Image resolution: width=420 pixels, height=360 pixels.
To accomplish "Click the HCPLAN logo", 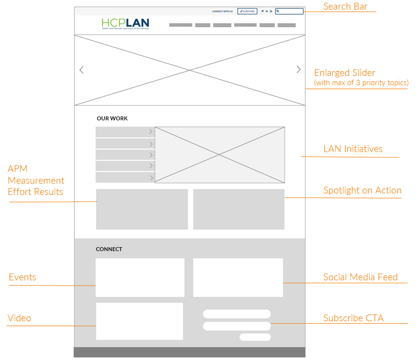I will [125, 24].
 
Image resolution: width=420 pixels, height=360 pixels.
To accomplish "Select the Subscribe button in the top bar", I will [247, 11].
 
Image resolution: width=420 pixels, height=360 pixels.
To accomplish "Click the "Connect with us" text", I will [222, 12].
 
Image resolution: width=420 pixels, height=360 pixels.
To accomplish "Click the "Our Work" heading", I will [112, 119].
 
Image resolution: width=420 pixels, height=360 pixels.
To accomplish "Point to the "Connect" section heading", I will [109, 249].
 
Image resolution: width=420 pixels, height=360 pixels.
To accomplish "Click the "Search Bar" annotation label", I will [345, 6].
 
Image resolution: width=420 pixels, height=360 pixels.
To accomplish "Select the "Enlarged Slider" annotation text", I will [344, 73].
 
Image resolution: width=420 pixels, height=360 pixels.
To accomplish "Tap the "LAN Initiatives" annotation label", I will [353, 149].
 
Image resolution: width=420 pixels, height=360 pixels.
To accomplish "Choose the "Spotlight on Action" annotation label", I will [362, 190].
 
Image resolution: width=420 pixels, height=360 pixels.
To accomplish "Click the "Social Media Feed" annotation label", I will [360, 277].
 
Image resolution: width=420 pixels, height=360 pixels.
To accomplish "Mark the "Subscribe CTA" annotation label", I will [353, 318].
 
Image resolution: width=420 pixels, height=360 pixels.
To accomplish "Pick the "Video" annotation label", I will [19, 318].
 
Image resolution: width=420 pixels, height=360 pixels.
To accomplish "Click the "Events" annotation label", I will [23, 277].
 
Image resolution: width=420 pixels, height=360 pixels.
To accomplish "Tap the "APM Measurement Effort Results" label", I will [36, 180].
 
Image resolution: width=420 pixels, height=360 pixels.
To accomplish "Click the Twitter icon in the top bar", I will [262, 11].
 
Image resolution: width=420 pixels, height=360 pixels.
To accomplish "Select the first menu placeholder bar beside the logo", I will [180, 25].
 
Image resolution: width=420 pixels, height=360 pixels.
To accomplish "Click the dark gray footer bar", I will [189, 352].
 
